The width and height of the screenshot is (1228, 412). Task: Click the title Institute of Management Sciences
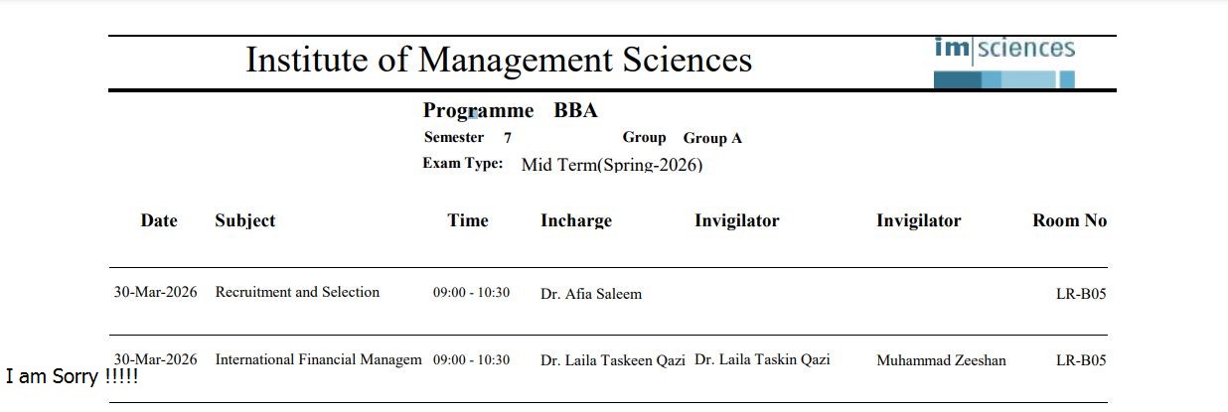[x=499, y=61]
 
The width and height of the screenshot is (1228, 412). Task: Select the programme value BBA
[x=575, y=110]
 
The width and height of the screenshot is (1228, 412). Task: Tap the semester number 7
[x=508, y=138]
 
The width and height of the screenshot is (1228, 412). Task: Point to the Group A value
[x=712, y=138]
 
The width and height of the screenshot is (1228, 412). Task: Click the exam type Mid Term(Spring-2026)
[x=611, y=165]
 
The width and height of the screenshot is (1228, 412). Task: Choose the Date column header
[x=159, y=220]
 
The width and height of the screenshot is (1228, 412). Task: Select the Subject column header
[x=244, y=220]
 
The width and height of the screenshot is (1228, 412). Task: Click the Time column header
[x=468, y=220]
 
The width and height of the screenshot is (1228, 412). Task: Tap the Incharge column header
[x=576, y=220]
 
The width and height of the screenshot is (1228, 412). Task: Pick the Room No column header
[x=1069, y=220]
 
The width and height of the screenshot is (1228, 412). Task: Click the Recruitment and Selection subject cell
[x=297, y=292]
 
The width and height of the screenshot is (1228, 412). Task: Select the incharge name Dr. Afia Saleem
[x=591, y=294]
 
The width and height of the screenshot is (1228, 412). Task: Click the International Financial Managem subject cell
[x=318, y=359]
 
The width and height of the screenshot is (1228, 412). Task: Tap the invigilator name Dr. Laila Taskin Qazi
[x=762, y=359]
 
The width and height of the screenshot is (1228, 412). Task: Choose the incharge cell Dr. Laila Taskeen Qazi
[x=613, y=360]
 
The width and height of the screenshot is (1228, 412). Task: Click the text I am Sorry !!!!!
[x=72, y=377]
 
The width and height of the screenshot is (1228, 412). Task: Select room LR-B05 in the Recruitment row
[x=1081, y=294]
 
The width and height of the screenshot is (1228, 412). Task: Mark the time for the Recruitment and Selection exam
[x=471, y=293]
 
